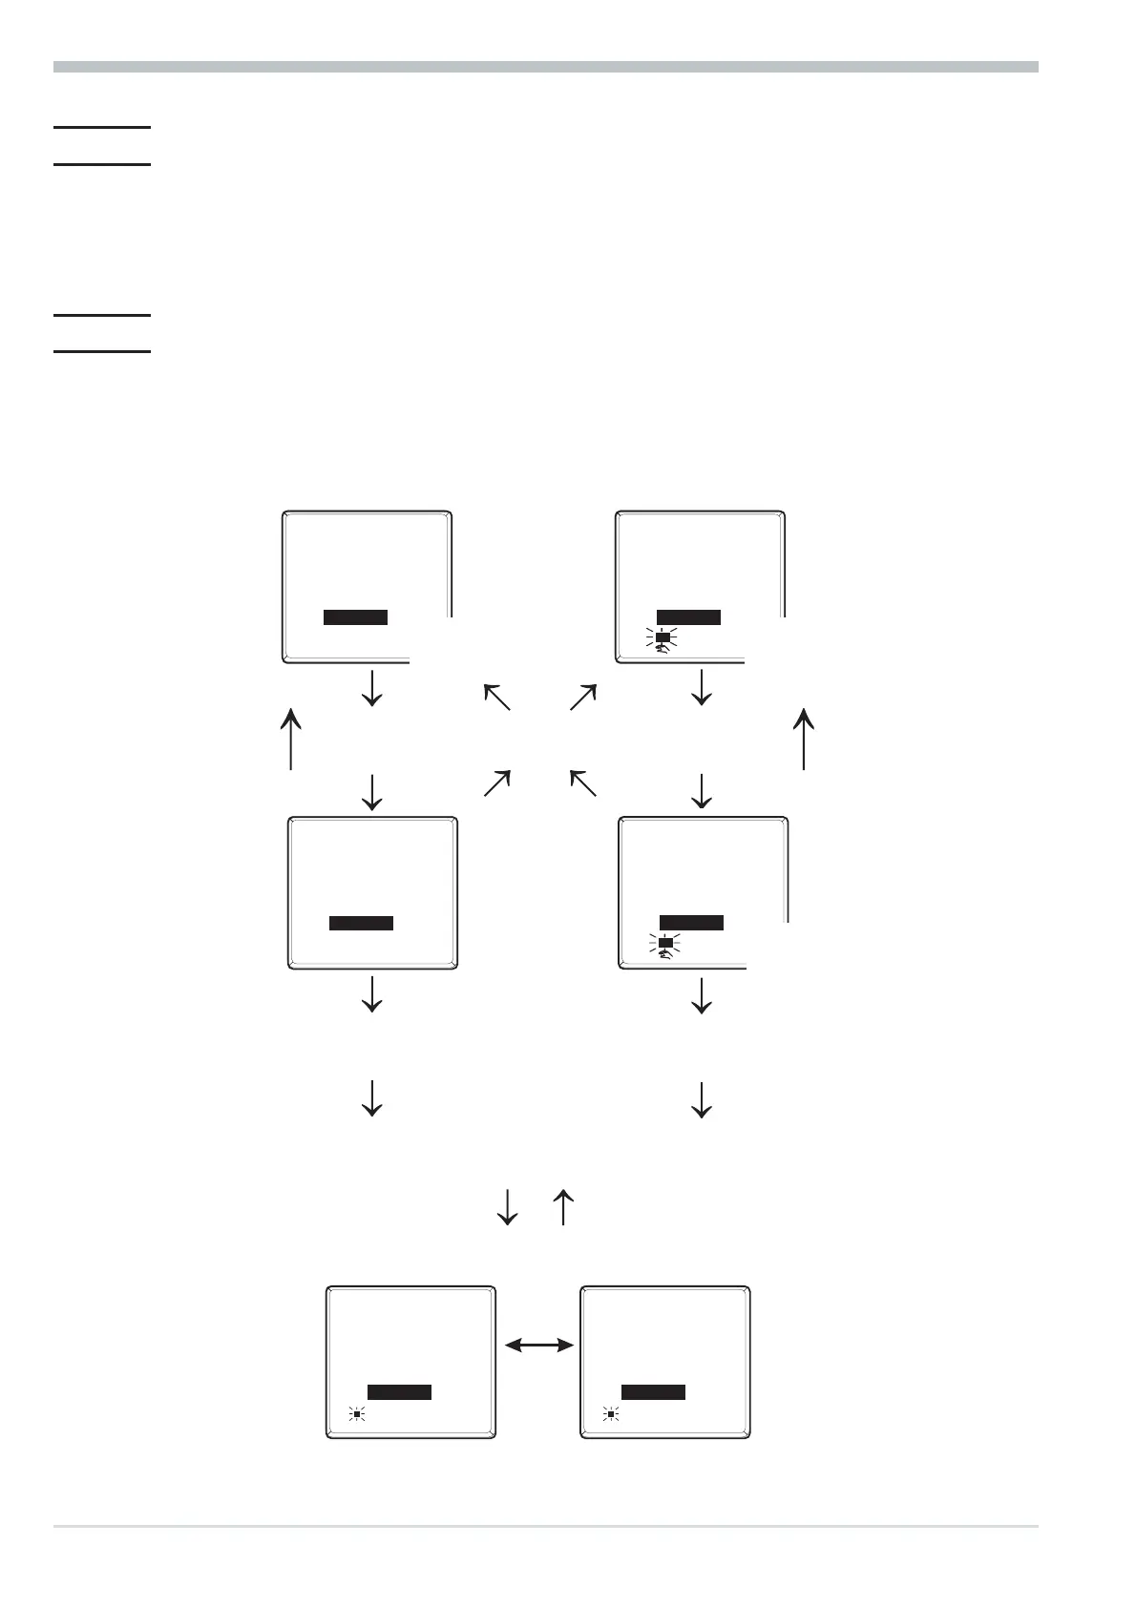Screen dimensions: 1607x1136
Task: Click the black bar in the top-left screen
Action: [x=355, y=616]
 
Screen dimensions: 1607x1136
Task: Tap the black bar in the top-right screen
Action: [x=688, y=616]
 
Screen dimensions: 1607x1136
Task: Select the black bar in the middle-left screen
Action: [x=361, y=923]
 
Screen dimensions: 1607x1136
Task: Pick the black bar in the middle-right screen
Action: [x=691, y=922]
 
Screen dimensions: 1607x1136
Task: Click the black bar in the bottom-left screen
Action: [x=399, y=1392]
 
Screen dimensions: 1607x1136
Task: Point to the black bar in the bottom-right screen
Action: [x=653, y=1392]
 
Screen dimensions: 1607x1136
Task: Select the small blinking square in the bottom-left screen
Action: [x=356, y=1414]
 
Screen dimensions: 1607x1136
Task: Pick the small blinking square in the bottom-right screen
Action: [x=610, y=1414]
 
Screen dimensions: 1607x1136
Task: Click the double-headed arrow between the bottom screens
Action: [x=538, y=1346]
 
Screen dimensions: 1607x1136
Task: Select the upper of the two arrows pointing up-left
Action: [x=497, y=697]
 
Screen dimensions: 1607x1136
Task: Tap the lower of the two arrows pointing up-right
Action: [x=497, y=783]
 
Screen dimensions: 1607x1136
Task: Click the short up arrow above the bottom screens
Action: [x=563, y=1206]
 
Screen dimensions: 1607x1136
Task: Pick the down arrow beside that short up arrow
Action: [x=508, y=1206]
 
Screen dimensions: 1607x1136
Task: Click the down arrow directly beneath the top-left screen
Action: [x=371, y=687]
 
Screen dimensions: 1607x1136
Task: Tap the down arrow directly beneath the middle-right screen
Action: [x=702, y=994]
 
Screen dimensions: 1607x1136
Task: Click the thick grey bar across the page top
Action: [x=545, y=67]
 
